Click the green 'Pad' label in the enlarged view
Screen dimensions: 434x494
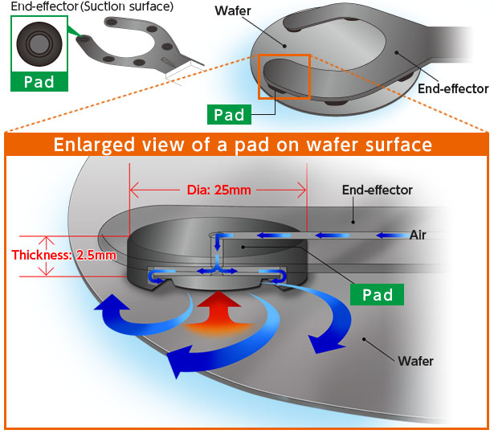(x=378, y=294)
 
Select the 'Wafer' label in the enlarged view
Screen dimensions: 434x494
(x=415, y=361)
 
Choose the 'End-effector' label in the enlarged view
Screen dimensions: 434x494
(x=377, y=190)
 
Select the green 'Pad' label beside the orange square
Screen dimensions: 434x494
(x=228, y=115)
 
